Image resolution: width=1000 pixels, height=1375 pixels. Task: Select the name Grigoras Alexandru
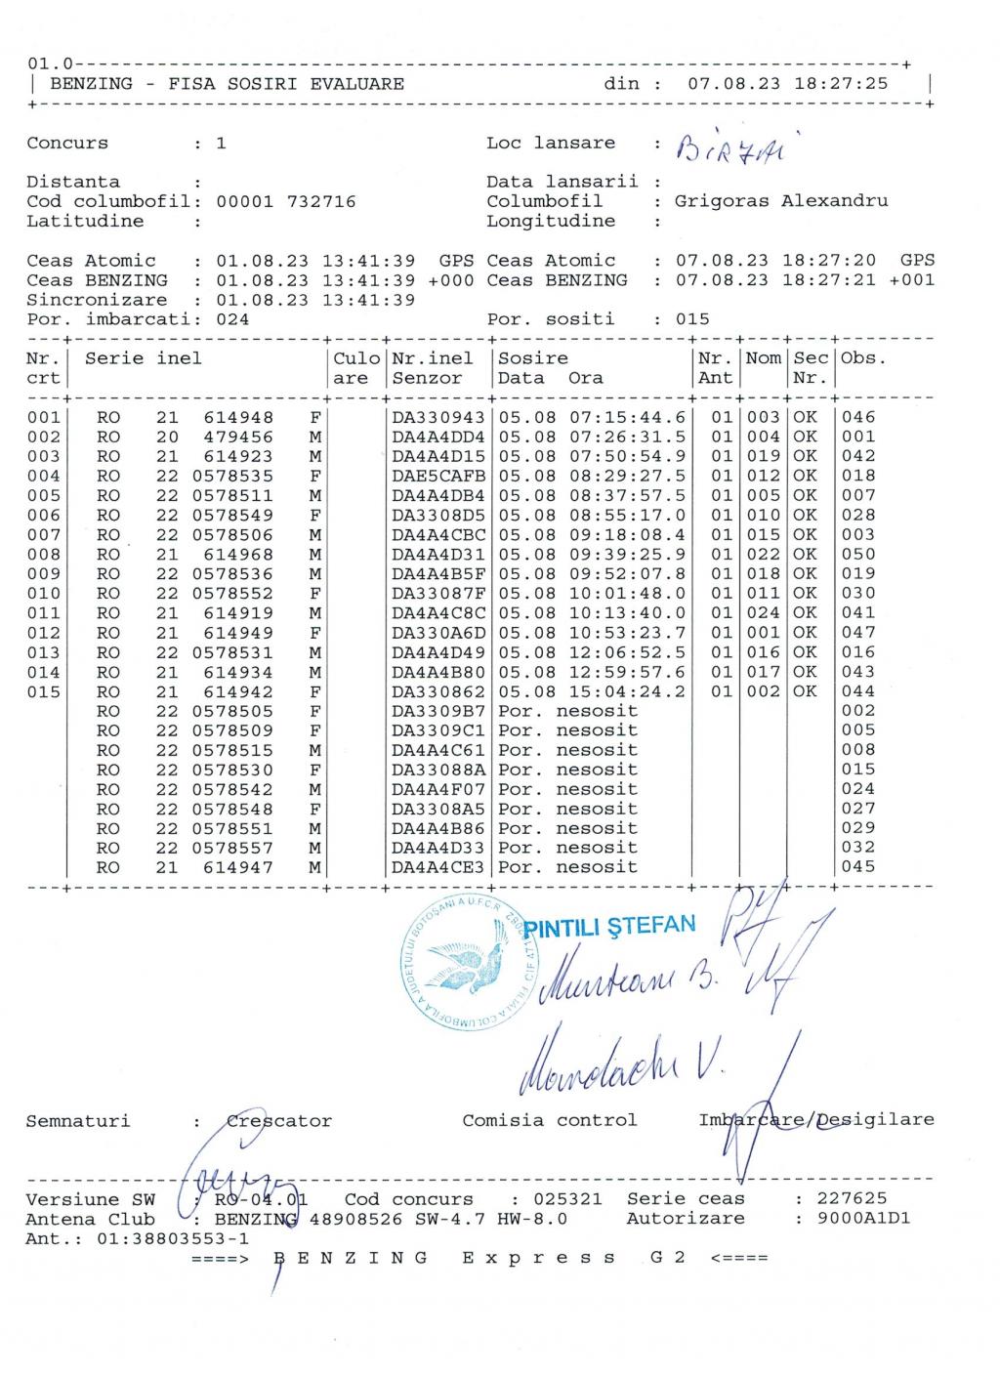point(781,201)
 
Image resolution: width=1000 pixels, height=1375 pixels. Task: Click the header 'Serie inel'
point(144,358)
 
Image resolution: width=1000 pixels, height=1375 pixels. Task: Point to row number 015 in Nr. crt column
point(43,691)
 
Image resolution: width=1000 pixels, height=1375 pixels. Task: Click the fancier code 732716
point(321,201)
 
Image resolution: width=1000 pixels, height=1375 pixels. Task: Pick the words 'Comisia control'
point(549,1120)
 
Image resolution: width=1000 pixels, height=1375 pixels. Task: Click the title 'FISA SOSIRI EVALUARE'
point(286,84)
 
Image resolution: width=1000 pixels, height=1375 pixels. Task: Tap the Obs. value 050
point(858,554)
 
